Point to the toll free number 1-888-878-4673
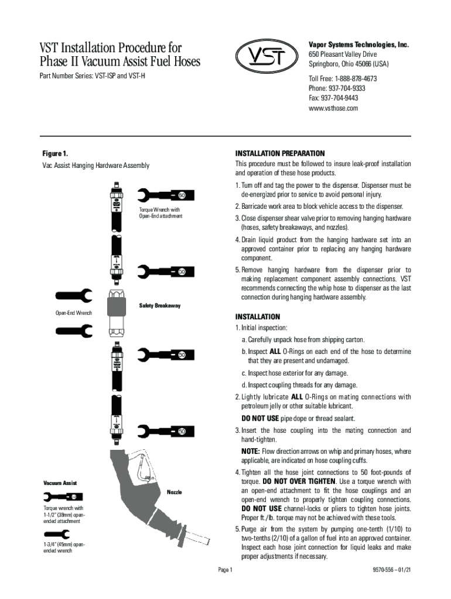pyautogui.click(x=343, y=78)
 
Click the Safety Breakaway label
pyautogui.click(x=159, y=306)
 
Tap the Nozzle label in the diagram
pyautogui.click(x=175, y=492)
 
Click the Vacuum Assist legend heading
pyautogui.click(x=60, y=483)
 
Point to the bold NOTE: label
pyautogui.click(x=250, y=452)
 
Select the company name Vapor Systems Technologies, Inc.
pyautogui.click(x=358, y=44)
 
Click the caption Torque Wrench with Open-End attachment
pyautogui.click(x=160, y=213)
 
